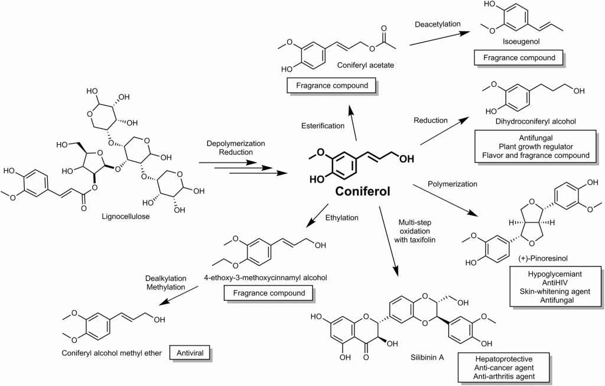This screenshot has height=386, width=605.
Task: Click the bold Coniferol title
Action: (363, 191)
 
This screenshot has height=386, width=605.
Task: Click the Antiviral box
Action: (189, 353)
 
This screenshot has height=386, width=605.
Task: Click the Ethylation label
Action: (342, 217)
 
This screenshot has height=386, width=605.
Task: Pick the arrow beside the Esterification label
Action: (353, 125)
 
